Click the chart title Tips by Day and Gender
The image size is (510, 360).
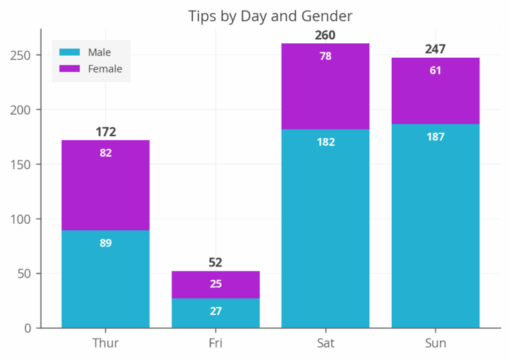point(270,15)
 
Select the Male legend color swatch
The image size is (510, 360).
point(69,52)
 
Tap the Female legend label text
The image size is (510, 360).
point(105,68)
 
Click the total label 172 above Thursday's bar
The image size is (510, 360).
point(106,132)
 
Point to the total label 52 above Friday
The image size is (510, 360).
point(215,262)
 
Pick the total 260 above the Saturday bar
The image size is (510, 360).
point(325,35)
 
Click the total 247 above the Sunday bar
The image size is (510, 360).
point(435,49)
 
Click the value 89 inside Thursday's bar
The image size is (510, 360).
point(106,243)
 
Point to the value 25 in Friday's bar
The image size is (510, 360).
point(215,284)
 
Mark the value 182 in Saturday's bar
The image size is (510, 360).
point(325,142)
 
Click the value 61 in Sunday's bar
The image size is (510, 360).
point(435,70)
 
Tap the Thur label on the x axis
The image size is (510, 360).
point(106,343)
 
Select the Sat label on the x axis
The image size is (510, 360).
point(325,343)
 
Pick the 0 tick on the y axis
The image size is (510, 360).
point(28,327)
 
